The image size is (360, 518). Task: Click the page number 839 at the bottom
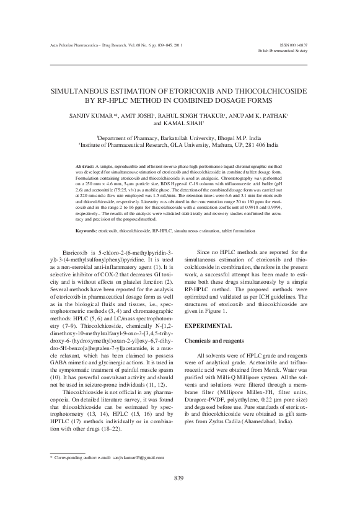click(x=180, y=494)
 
